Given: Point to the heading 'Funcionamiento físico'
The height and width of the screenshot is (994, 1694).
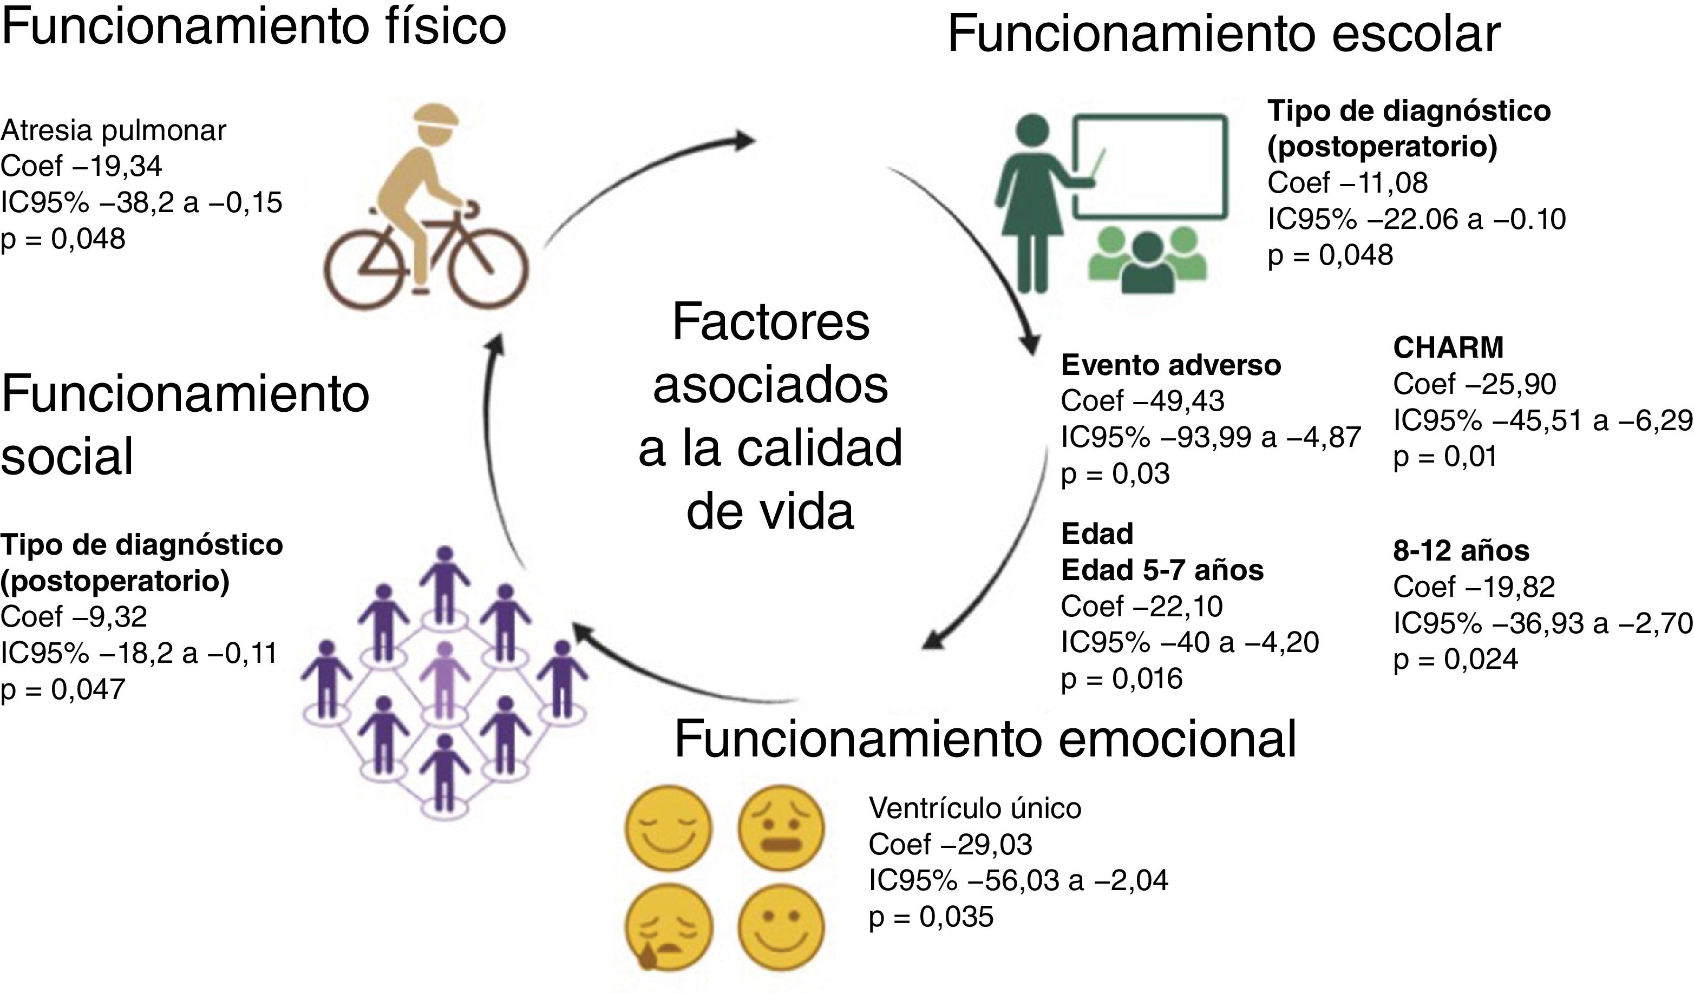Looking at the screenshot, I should [253, 27].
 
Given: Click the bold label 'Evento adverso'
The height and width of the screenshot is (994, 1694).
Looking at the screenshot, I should [1170, 365].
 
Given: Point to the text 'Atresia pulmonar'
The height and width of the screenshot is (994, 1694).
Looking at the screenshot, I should [114, 130].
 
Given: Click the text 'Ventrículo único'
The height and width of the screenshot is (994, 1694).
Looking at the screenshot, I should [974, 808].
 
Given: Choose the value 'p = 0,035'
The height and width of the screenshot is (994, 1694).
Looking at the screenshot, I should [931, 917].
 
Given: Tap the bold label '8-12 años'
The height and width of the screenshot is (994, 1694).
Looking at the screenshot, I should [1461, 551].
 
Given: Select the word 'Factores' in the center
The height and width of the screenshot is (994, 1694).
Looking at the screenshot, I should [770, 323].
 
